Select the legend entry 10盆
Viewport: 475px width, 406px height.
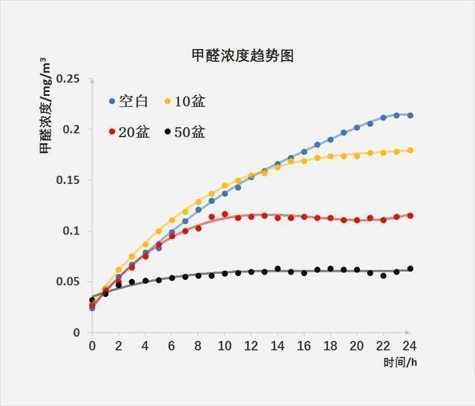coord(190,101)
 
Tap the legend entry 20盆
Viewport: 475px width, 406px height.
coord(134,132)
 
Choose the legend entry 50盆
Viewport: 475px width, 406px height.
coord(190,132)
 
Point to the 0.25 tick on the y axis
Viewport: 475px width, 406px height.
coord(68,79)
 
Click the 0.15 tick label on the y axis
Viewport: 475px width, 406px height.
coord(68,180)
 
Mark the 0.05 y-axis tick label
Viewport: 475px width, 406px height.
coord(68,282)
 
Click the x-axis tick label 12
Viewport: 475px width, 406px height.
coord(251,347)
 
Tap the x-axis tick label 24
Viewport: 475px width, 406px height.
coord(410,347)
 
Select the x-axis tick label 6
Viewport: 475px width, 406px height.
coord(171,347)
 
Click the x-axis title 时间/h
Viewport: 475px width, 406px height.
coord(401,362)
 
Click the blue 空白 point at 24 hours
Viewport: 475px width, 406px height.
coord(410,116)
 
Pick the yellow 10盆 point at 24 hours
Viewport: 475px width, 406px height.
coord(410,150)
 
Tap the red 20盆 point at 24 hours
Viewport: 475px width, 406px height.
coord(410,216)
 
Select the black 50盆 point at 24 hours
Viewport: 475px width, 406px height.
coord(410,269)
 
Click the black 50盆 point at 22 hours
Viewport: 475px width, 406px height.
coord(383,275)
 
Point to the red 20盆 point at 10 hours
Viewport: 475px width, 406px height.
coord(225,215)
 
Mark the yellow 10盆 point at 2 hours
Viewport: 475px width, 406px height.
coord(119,270)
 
